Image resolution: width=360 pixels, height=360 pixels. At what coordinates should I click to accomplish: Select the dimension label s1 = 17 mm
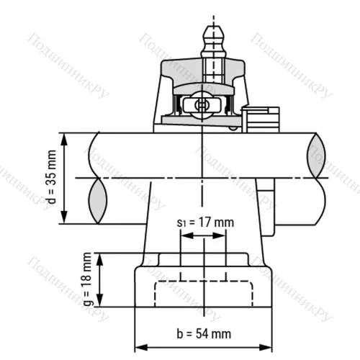[x=205, y=222]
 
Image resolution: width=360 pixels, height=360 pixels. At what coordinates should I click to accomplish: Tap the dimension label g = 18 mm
[x=87, y=279]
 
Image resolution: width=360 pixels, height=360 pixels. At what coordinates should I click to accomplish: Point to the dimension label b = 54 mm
[x=204, y=333]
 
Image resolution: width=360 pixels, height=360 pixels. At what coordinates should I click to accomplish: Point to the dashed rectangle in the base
[x=204, y=293]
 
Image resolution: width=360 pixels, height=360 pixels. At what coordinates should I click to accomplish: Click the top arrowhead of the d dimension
[x=65, y=137]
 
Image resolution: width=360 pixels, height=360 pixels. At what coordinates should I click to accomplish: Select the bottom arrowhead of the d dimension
[x=65, y=220]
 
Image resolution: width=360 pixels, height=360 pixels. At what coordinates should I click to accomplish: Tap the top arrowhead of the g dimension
[x=101, y=256]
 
